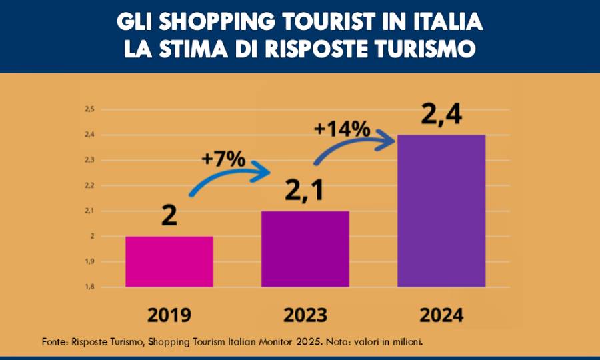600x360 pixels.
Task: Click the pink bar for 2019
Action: (169, 261)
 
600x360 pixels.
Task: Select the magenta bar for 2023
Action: (305, 249)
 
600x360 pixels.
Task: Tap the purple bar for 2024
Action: (441, 211)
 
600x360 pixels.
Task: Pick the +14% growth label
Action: (342, 127)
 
